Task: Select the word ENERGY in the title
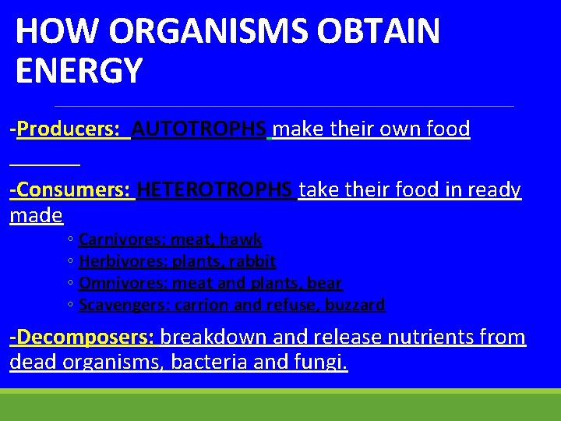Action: pos(79,70)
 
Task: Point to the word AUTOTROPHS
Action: pos(199,129)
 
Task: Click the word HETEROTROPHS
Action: pos(215,189)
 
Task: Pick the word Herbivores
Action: pos(121,261)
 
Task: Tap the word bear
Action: pos(326,283)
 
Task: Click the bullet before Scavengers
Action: pos(70,306)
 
